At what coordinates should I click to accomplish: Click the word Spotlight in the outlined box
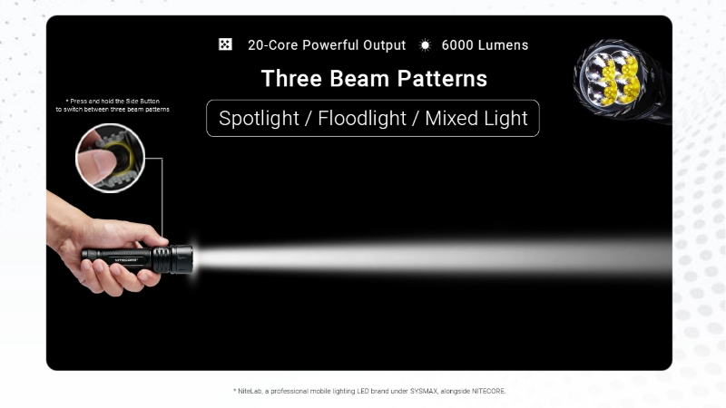click(x=259, y=119)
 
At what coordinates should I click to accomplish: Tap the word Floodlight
click(x=361, y=118)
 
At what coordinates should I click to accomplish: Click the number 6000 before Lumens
click(x=457, y=44)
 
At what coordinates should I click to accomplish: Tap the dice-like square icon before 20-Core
click(x=225, y=44)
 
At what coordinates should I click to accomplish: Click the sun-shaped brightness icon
click(x=425, y=44)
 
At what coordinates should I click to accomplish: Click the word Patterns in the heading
click(x=442, y=78)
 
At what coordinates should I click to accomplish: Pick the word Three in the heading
click(x=291, y=78)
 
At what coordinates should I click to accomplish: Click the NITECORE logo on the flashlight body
click(x=126, y=260)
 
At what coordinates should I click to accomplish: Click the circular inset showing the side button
click(x=110, y=158)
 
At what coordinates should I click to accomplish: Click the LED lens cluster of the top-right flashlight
click(x=613, y=79)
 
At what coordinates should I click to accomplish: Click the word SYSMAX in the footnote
click(x=424, y=392)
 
